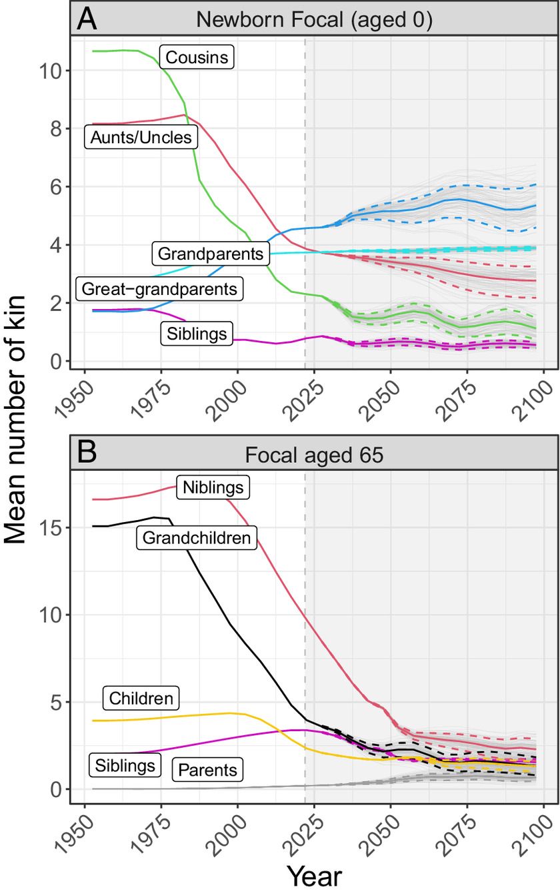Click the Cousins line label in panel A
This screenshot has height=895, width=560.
click(x=197, y=57)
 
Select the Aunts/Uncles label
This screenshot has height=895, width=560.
click(x=141, y=137)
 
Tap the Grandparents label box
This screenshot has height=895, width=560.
click(x=211, y=253)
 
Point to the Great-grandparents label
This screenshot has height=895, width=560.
click(x=159, y=288)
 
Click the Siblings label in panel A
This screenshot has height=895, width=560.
click(x=197, y=333)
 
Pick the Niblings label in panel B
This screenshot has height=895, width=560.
click(x=213, y=487)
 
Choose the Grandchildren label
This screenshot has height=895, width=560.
click(x=197, y=538)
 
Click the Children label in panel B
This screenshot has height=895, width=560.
click(x=141, y=698)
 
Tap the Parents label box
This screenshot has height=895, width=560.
click(x=207, y=769)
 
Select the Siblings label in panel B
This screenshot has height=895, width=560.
click(x=125, y=764)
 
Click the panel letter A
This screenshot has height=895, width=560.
click(x=87, y=19)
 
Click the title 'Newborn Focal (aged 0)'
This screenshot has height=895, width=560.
click(x=315, y=19)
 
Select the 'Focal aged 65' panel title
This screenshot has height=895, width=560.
click(x=315, y=455)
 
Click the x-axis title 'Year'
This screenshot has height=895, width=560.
click(x=315, y=876)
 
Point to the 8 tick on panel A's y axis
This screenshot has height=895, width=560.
click(x=55, y=129)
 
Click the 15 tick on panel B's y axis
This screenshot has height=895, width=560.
click(x=51, y=527)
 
